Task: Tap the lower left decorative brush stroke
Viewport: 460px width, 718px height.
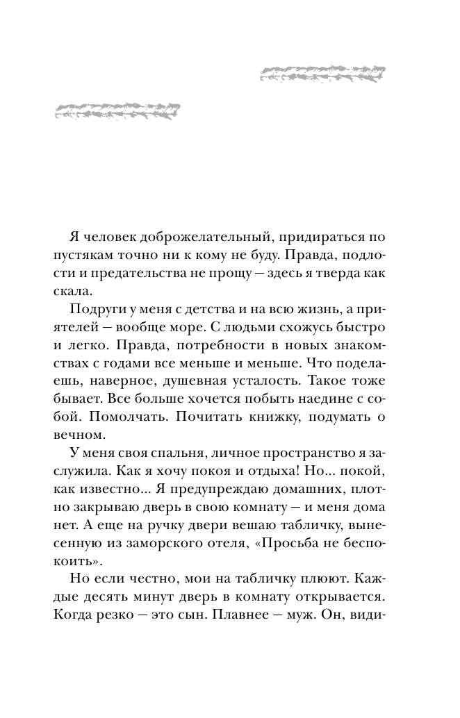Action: click(x=116, y=110)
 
